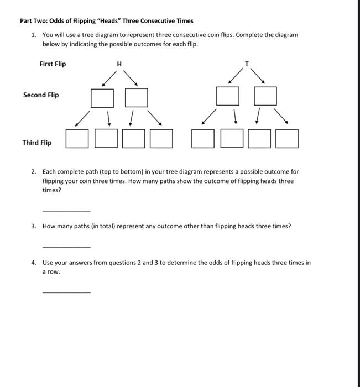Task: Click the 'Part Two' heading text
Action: [106, 20]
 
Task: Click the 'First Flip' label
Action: [53, 64]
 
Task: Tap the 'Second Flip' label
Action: [41, 95]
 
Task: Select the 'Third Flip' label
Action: [37, 143]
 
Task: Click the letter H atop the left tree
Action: [119, 65]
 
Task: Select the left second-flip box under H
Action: [102, 98]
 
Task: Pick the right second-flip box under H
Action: [137, 98]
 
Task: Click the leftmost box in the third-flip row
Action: [77, 139]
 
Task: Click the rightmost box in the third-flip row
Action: [287, 139]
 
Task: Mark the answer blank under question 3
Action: [66, 246]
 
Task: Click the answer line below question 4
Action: [66, 291]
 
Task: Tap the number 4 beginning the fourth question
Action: [33, 263]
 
